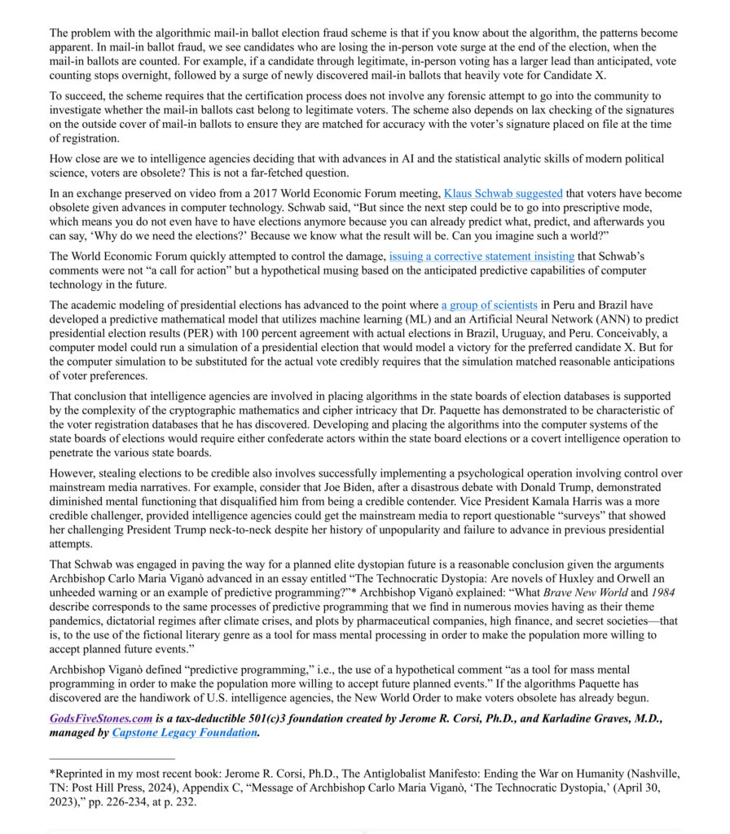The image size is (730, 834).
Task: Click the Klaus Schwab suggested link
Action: (503, 194)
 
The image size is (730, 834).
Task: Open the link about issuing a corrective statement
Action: (482, 256)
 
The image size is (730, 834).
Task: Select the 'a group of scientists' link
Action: (489, 305)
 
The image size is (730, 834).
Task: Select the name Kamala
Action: (508, 503)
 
